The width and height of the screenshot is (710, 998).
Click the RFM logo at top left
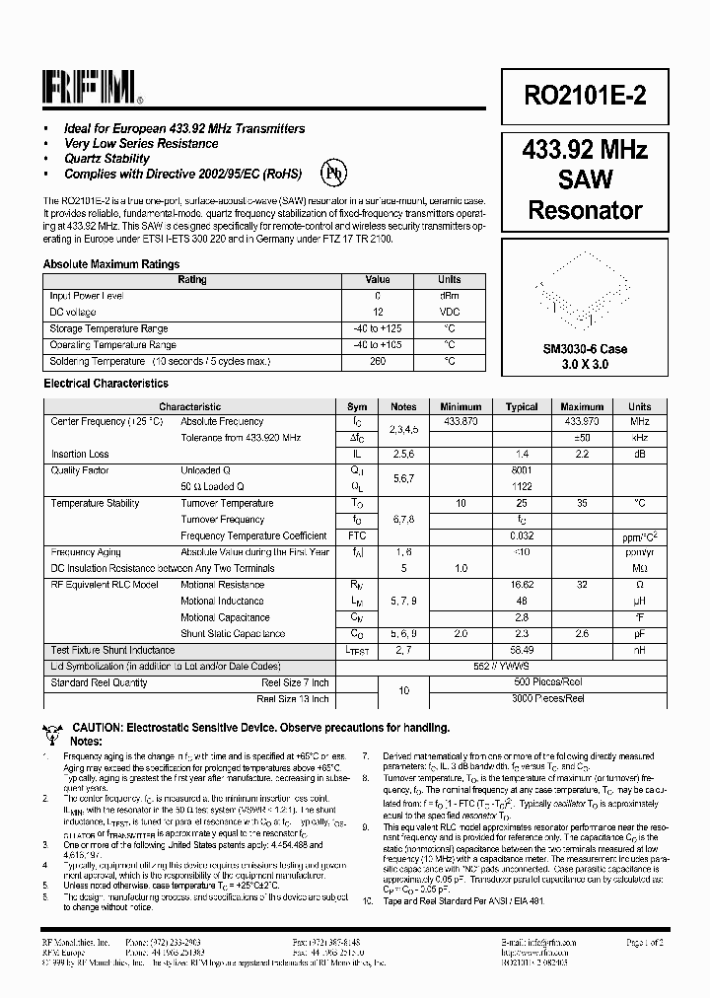92,89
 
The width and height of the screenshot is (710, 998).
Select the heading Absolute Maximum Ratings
111,264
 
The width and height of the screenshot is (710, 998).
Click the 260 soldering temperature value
378,362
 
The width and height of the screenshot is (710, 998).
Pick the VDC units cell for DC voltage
449,312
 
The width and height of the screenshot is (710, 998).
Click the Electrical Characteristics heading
106,384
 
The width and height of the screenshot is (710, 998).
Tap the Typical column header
522,406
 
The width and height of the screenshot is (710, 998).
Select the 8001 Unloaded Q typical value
522,470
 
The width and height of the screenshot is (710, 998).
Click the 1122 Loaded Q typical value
522,487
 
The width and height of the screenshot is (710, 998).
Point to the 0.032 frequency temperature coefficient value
522,535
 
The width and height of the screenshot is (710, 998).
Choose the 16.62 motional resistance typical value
522,585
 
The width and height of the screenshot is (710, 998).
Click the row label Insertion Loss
80,455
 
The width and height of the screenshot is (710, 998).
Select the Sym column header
357,406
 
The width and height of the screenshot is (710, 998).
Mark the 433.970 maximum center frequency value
582,421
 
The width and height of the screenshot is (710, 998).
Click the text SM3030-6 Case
585,349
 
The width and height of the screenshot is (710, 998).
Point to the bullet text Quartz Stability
106,158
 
